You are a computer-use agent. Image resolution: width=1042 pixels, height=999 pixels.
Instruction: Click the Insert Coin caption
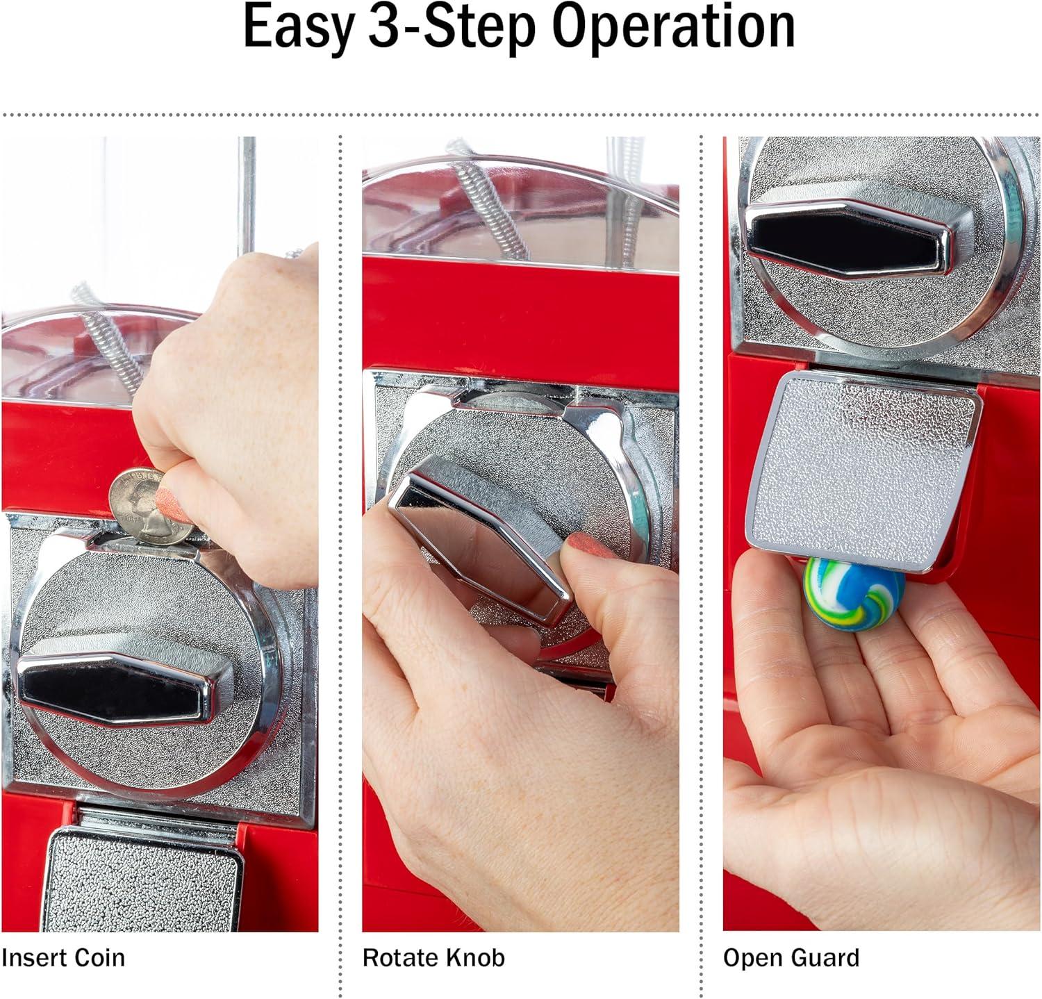tap(63, 957)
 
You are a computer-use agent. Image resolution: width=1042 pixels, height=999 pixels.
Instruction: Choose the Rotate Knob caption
tap(433, 957)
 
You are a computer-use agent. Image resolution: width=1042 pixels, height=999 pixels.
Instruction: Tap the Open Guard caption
tap(791, 958)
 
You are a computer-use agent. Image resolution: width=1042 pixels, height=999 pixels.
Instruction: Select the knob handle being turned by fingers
tap(479, 531)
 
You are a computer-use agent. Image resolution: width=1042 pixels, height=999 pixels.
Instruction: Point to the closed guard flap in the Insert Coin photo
tap(142, 879)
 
